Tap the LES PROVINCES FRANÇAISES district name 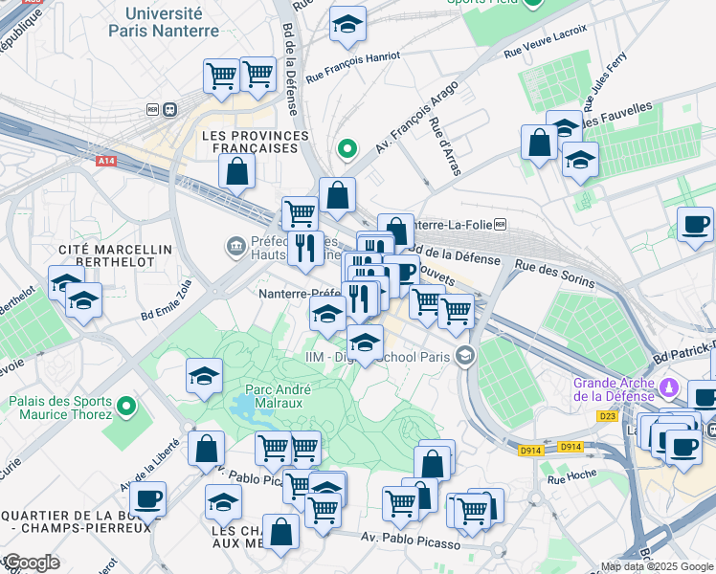click(x=250, y=143)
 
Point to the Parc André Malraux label click(x=274, y=396)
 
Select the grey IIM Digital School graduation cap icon click(x=465, y=357)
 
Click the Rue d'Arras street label click(x=445, y=146)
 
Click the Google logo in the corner click(x=31, y=563)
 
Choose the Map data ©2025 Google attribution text click(x=657, y=566)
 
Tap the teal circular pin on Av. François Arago click(x=348, y=149)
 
